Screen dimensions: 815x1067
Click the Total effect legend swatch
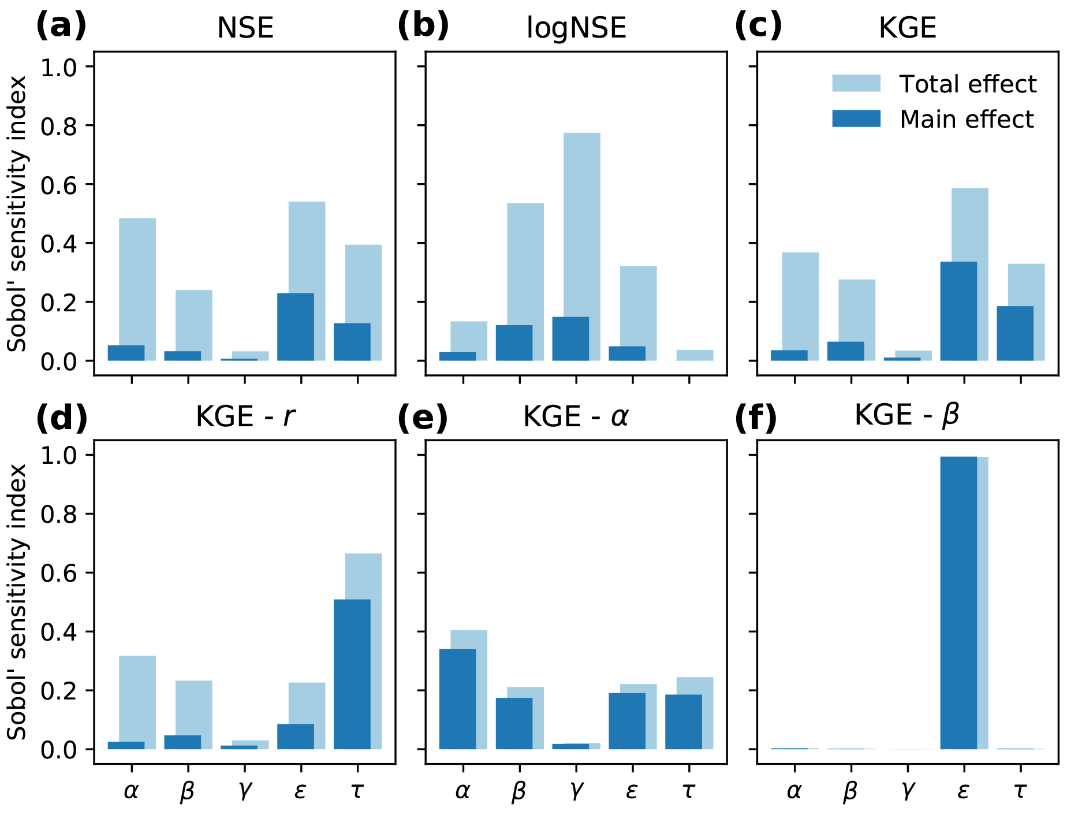click(856, 83)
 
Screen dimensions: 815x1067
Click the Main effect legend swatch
click(856, 118)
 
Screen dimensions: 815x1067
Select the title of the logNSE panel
click(576, 27)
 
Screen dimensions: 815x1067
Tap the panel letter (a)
click(61, 26)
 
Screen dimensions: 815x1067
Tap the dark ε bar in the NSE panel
click(296, 327)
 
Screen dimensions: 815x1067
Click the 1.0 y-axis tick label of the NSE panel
click(58, 67)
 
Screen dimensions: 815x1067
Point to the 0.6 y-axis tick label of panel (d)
click(58, 573)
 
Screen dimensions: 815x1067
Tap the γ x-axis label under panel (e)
click(576, 790)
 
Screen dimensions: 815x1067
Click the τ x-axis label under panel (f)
click(1020, 790)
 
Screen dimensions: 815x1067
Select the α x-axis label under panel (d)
click(132, 790)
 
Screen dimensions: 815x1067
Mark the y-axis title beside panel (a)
click(17, 214)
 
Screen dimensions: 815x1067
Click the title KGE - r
click(245, 416)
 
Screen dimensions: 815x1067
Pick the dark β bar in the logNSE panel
click(514, 343)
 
